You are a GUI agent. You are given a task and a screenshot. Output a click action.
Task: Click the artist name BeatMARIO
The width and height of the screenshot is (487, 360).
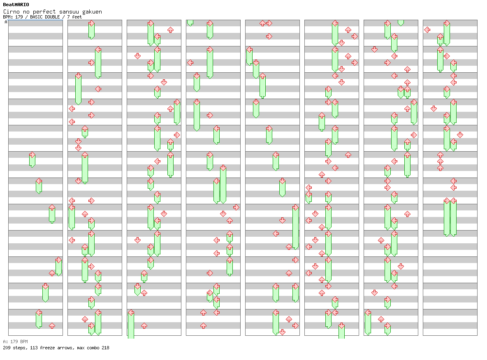[16, 5]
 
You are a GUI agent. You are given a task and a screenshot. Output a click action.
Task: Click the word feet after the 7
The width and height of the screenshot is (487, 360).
[77, 17]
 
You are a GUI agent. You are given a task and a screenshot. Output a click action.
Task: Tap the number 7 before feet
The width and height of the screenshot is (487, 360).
[68, 17]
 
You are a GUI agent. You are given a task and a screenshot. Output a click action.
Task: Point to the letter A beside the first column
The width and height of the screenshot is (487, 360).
[6, 22]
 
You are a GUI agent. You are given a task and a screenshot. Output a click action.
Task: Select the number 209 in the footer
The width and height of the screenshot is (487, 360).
[7, 348]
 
